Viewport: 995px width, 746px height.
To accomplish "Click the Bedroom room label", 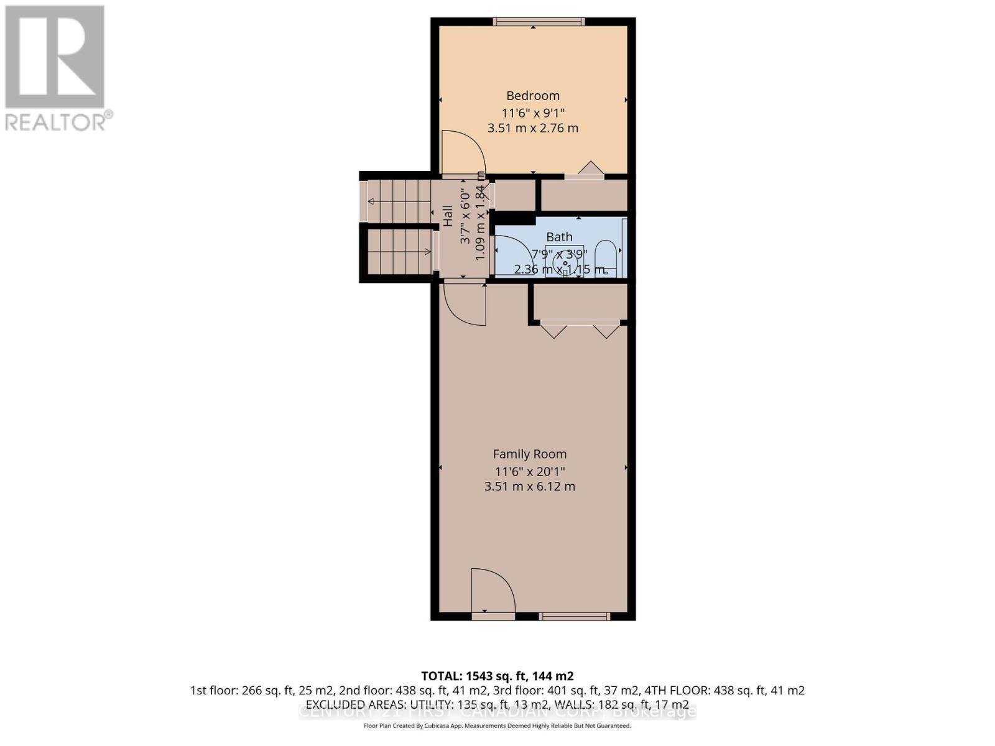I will point(533,96).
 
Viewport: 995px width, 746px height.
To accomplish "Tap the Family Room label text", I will point(530,454).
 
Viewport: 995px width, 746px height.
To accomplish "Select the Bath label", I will point(559,237).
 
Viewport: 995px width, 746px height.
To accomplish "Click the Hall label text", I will point(448,216).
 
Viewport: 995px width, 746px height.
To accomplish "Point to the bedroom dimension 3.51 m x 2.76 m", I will point(533,128).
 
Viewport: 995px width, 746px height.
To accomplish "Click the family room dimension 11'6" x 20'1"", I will point(530,471).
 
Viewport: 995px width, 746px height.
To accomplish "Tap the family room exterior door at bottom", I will point(493,594).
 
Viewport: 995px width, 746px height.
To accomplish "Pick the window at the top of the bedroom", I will point(539,22).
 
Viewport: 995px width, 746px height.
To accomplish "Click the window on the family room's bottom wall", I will point(574,616).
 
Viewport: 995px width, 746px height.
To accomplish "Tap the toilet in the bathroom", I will point(606,256).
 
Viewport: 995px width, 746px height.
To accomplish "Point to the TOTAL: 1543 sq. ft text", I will point(497,676).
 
